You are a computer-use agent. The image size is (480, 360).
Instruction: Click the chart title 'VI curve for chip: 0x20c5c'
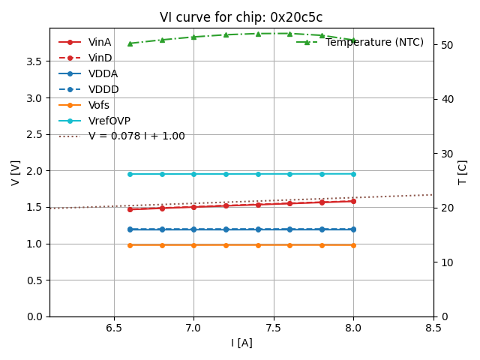(x=241, y=18)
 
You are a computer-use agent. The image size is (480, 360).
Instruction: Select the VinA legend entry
(x=100, y=42)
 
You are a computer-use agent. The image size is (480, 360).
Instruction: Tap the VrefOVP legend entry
(x=109, y=121)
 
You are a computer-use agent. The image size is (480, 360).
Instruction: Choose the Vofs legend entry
(x=99, y=105)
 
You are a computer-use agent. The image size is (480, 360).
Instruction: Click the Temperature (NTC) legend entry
(x=374, y=42)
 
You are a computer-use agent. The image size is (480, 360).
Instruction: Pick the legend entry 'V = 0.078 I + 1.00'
(x=136, y=136)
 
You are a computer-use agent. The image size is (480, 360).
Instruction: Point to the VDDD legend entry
(x=103, y=89)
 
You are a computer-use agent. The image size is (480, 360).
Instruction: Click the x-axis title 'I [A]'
(x=241, y=343)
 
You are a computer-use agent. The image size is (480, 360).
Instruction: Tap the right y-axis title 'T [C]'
(x=462, y=172)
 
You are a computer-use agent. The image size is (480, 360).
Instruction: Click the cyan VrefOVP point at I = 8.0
(x=353, y=174)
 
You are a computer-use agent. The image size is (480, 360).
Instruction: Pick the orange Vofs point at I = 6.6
(x=130, y=244)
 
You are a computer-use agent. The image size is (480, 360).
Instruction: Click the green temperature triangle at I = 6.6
(x=130, y=43)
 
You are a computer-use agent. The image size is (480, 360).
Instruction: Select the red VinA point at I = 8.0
(x=353, y=201)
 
